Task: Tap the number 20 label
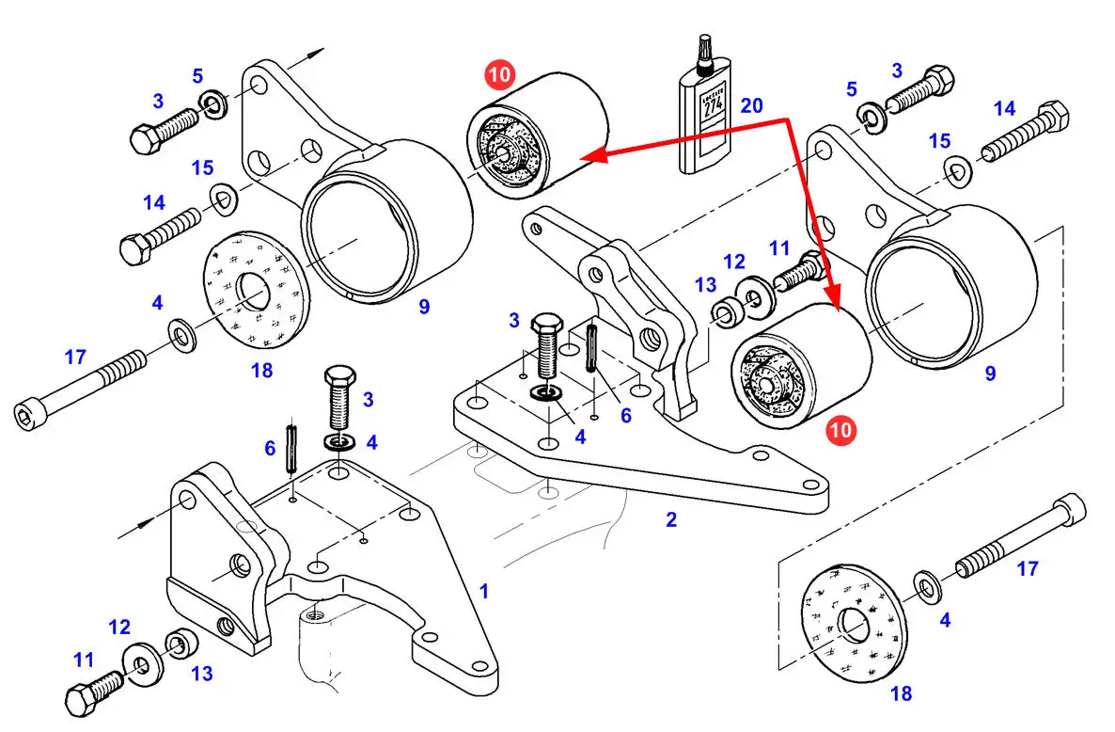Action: coord(751,106)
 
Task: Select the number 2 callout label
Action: coord(671,519)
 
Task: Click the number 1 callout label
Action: coord(484,591)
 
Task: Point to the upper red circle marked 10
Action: coord(499,74)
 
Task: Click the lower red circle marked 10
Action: coord(840,430)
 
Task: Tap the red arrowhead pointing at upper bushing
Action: coord(595,154)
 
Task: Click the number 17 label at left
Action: coord(75,358)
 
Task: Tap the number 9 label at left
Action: coord(424,307)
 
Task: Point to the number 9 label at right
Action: coord(990,373)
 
